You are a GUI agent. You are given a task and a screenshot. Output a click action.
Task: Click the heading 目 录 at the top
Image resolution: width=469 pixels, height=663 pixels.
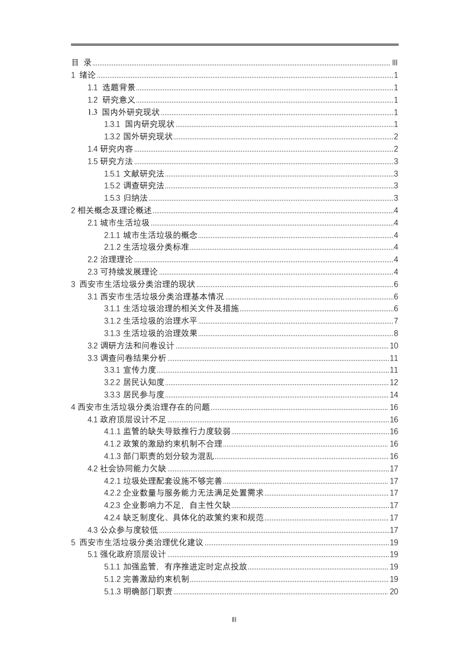[82, 63]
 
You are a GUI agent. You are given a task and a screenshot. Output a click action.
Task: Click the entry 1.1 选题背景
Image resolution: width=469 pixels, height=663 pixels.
[111, 87]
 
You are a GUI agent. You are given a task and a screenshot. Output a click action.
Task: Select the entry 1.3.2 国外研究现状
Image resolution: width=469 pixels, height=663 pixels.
[138, 136]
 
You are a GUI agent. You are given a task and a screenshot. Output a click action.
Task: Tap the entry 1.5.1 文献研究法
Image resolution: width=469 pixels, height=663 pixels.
[134, 173]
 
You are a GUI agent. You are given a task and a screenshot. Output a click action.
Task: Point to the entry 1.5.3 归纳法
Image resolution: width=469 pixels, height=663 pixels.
[126, 198]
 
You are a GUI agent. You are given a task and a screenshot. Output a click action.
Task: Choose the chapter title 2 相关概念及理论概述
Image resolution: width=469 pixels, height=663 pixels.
[111, 210]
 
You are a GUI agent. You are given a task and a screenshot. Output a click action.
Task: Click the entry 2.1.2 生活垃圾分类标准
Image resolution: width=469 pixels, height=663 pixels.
[147, 247]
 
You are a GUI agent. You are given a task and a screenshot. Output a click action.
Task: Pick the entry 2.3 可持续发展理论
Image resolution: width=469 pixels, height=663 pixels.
[122, 272]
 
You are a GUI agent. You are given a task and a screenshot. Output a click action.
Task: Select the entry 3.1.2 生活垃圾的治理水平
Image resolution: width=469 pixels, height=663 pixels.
[151, 321]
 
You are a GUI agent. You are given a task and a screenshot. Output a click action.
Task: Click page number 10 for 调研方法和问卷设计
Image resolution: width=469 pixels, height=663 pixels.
[394, 346]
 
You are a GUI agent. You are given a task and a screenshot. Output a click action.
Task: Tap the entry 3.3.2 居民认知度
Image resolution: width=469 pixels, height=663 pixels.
[134, 382]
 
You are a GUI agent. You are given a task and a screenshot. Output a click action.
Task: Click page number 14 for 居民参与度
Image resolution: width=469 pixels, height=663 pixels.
[394, 395]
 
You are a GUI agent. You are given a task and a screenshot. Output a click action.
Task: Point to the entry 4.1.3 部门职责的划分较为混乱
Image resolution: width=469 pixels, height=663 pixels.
[159, 456]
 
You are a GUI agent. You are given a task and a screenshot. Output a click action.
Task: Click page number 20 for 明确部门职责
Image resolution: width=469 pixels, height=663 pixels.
[394, 591]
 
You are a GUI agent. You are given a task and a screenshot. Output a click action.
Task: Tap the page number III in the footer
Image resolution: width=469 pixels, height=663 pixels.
[234, 619]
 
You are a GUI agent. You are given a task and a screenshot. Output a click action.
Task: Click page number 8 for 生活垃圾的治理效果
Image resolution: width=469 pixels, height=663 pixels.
[396, 333]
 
